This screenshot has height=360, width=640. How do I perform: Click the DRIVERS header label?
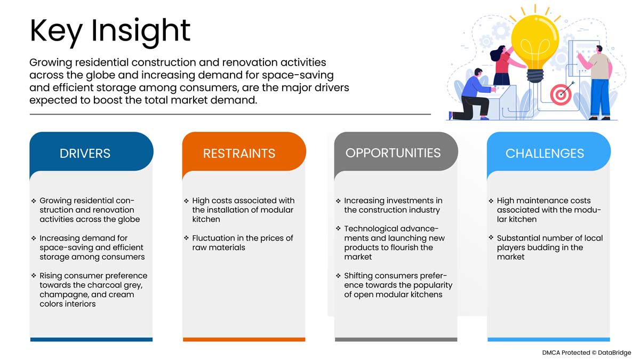click(x=85, y=154)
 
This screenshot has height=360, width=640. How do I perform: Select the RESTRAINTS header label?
click(x=239, y=154)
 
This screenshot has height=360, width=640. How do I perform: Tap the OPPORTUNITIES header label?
click(x=393, y=153)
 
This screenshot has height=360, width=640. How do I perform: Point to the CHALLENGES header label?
click(x=545, y=154)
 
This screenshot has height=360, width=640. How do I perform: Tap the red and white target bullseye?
click(x=561, y=95)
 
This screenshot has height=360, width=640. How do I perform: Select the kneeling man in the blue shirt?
click(x=473, y=95)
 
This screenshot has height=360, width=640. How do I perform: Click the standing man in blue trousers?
click(x=598, y=82)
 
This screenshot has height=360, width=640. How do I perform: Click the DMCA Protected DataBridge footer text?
click(x=587, y=353)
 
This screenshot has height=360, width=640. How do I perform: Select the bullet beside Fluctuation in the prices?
click(x=187, y=238)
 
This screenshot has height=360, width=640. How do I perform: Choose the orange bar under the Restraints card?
click(x=244, y=339)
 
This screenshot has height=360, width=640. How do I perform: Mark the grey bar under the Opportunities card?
click(x=396, y=339)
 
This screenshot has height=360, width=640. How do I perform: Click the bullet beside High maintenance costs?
click(x=491, y=201)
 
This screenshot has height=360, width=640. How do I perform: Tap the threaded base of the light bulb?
click(x=535, y=76)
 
